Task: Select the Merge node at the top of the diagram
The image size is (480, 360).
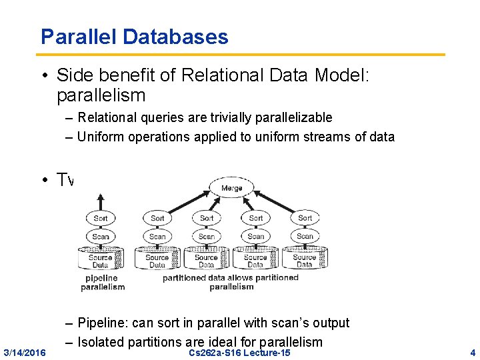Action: [x=231, y=188]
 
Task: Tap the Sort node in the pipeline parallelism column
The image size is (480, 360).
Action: [x=101, y=218]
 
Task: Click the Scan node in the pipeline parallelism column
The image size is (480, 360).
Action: [x=101, y=237]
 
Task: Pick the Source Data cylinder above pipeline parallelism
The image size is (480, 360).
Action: [x=101, y=259]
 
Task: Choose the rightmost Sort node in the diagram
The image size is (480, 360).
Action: [x=305, y=218]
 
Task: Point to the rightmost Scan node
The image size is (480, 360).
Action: [x=305, y=237]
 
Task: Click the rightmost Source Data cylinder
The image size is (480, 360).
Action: [x=305, y=259]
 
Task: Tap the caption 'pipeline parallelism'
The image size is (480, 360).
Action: [x=101, y=283]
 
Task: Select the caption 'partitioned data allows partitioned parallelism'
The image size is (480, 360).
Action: [x=231, y=282]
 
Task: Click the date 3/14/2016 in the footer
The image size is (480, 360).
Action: [x=25, y=352]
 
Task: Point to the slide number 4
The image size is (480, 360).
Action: [x=473, y=352]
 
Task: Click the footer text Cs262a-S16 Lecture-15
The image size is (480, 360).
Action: [x=240, y=352]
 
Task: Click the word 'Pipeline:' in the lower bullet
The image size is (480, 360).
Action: [x=103, y=323]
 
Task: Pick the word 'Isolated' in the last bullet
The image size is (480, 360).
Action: [x=101, y=342]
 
